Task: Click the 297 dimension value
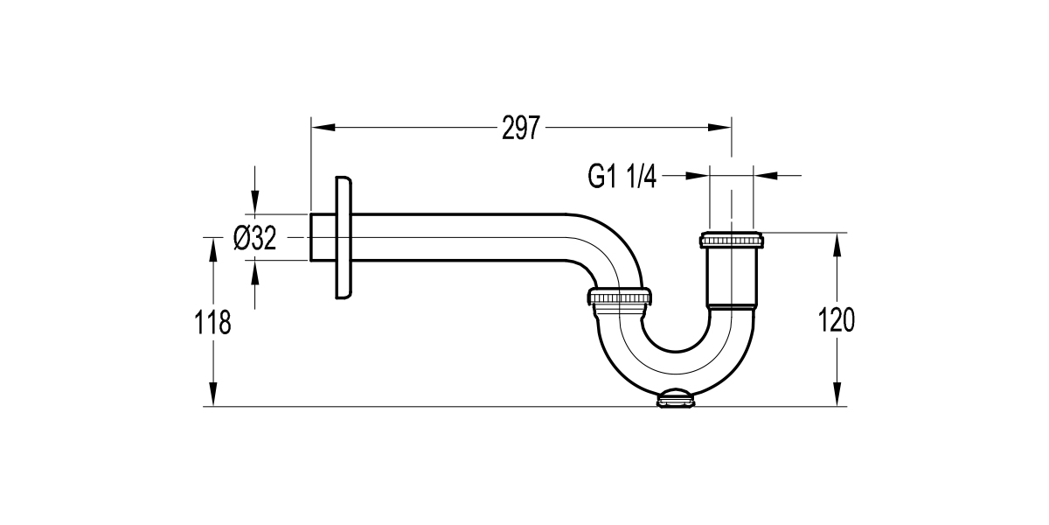pos(522,129)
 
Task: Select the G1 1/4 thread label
pos(622,177)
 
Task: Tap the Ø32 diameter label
pos(255,238)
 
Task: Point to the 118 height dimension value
pos(212,323)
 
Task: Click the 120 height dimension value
pos(837,320)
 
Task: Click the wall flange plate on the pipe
pos(344,238)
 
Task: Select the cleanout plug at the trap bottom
pos(676,400)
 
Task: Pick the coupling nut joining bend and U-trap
pos(620,300)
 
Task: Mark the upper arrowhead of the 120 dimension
pos(837,244)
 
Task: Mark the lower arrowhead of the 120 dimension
pos(837,395)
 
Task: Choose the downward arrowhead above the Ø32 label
pos(254,204)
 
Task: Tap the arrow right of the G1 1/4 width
pos(765,176)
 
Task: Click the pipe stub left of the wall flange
pos(322,237)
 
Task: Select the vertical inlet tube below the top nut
pos(731,276)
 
